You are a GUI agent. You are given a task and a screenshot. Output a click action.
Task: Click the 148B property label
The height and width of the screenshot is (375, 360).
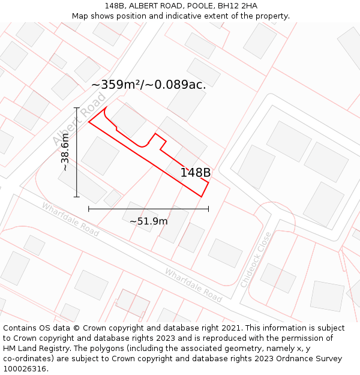tap(196, 173)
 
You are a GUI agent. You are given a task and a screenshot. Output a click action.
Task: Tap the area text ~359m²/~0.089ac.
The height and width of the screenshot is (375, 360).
tap(149, 85)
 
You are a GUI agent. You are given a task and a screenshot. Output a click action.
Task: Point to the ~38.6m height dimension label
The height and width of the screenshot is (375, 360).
tap(65, 152)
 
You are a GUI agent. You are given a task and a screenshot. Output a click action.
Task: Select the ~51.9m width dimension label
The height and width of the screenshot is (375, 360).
tap(149, 221)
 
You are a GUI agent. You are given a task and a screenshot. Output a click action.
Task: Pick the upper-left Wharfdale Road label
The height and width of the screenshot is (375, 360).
tap(70, 219)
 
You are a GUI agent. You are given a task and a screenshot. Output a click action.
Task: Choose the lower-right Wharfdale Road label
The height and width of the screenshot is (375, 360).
tap(193, 285)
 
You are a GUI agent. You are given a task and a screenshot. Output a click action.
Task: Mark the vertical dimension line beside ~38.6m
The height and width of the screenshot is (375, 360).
tap(77, 152)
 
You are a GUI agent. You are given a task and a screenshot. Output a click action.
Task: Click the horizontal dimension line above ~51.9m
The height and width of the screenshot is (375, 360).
tap(149, 209)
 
